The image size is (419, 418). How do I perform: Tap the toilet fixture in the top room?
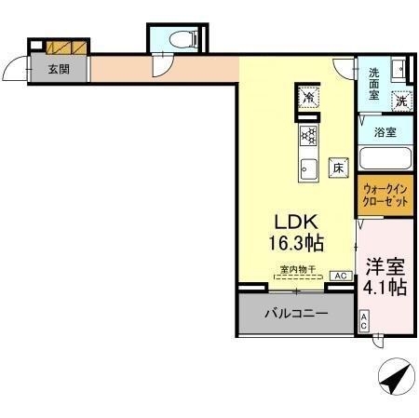click(184, 39)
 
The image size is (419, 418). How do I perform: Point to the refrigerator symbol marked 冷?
click(307, 95)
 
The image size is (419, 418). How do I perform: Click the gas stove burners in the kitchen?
click(308, 137)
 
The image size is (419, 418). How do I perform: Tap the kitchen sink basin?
click(308, 169)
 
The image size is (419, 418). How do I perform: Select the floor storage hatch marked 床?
click(340, 169)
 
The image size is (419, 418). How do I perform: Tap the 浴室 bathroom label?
click(385, 132)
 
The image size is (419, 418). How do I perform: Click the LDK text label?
click(296, 222)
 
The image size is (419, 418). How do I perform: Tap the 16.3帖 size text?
click(296, 244)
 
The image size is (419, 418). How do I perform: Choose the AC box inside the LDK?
click(340, 276)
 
